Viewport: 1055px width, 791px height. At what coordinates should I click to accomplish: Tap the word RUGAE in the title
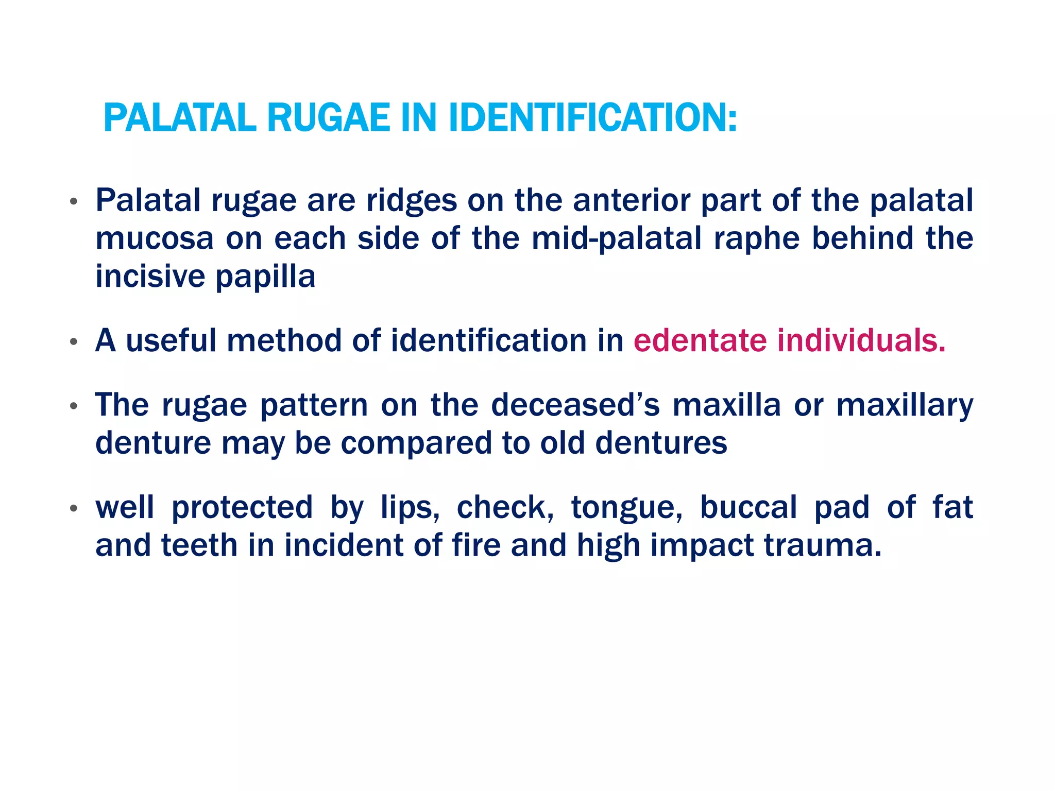pyautogui.click(x=328, y=118)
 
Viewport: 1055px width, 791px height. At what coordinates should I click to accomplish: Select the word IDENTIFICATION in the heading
pyautogui.click(x=592, y=118)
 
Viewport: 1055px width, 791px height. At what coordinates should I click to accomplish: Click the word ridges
pyautogui.click(x=411, y=201)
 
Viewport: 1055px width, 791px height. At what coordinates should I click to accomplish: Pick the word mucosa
pyautogui.click(x=154, y=239)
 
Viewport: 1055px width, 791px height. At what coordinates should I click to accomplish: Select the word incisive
pyautogui.click(x=150, y=277)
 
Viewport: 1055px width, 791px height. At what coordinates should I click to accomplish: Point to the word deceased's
pyautogui.click(x=575, y=405)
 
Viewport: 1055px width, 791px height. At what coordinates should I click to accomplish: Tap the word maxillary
pyautogui.click(x=905, y=406)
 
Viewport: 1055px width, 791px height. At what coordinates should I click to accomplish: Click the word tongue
pyautogui.click(x=626, y=508)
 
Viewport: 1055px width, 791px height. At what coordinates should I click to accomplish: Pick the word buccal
pyautogui.click(x=748, y=507)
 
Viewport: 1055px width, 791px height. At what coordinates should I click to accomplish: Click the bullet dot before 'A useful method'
pyautogui.click(x=74, y=341)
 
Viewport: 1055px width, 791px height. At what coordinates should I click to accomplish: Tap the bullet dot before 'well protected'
pyautogui.click(x=74, y=508)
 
